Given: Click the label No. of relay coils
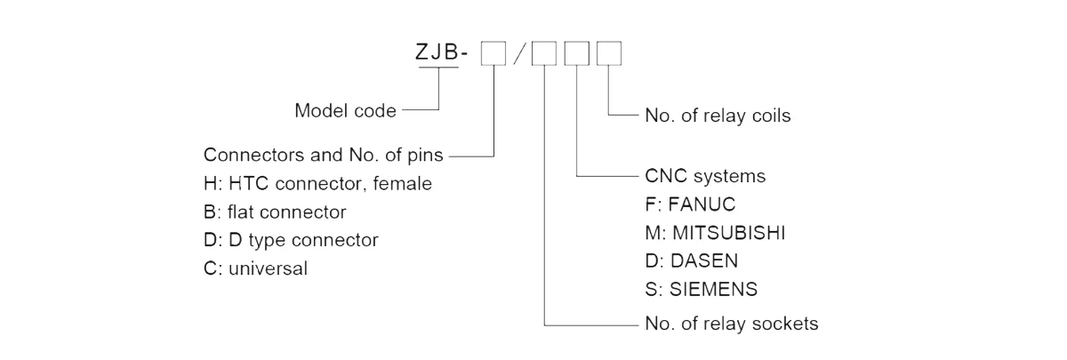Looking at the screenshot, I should [x=713, y=116].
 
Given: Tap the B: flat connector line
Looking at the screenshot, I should [x=275, y=212].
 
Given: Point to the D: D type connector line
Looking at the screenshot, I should [x=291, y=240].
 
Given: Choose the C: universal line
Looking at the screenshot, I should [x=256, y=268].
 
